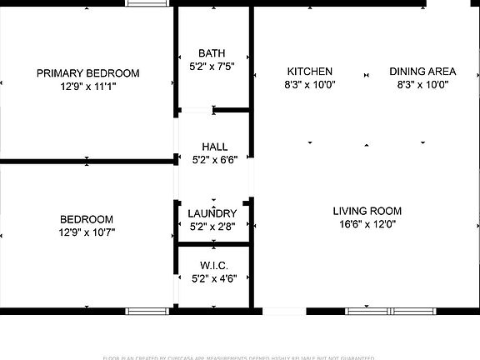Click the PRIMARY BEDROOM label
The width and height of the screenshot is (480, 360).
click(x=88, y=73)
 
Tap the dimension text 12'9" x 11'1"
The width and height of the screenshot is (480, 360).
click(x=88, y=86)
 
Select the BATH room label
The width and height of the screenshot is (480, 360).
click(x=212, y=53)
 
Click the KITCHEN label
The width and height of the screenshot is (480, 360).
click(x=310, y=72)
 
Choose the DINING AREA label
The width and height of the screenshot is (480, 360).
click(x=422, y=72)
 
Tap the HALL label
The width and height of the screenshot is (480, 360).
click(x=214, y=147)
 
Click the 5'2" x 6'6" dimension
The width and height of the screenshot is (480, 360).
click(x=214, y=160)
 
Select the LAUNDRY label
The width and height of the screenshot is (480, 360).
click(x=212, y=213)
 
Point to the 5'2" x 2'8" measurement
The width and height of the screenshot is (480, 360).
click(x=212, y=226)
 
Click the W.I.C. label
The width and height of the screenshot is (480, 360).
click(x=214, y=266)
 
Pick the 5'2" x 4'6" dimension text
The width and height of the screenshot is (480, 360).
click(x=214, y=278)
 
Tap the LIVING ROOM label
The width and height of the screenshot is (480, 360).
click(x=367, y=211)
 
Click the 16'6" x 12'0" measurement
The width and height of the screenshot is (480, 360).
click(x=367, y=223)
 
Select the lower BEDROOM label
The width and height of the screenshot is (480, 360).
click(x=87, y=219)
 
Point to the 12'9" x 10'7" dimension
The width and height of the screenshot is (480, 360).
click(x=87, y=232)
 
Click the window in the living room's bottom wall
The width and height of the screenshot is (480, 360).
click(x=390, y=311)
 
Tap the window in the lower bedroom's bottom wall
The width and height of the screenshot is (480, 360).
click(x=147, y=311)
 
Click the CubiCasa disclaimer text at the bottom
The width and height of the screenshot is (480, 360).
click(x=240, y=357)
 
